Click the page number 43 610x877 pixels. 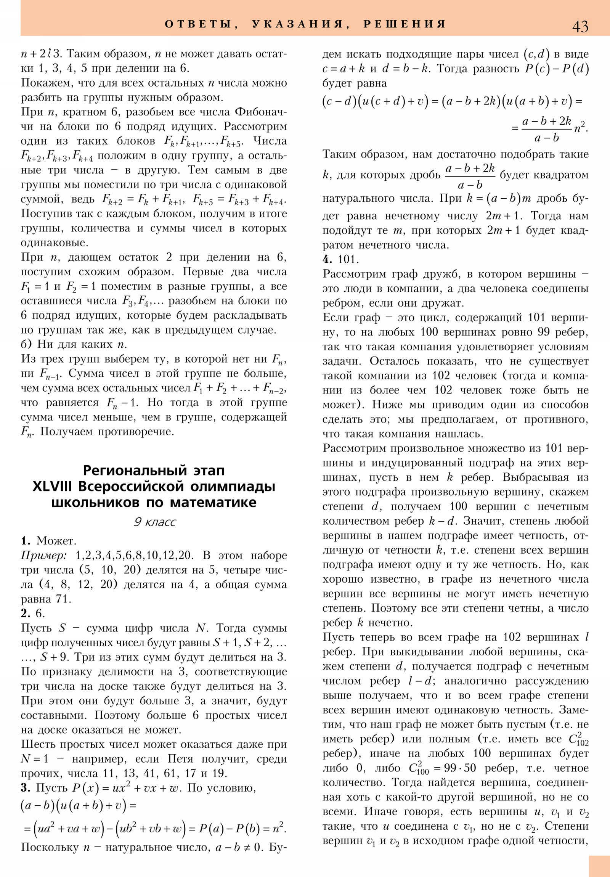[x=580, y=26]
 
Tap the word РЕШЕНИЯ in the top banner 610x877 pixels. [x=405, y=24]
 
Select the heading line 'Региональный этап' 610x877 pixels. [x=154, y=470]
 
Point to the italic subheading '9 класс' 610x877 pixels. [x=155, y=522]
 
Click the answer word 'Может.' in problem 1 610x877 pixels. [x=56, y=541]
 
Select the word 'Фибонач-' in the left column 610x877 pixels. [x=260, y=112]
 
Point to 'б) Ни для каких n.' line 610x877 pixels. [x=74, y=344]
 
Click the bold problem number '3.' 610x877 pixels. [x=26, y=788]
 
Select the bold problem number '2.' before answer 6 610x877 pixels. [x=26, y=614]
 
